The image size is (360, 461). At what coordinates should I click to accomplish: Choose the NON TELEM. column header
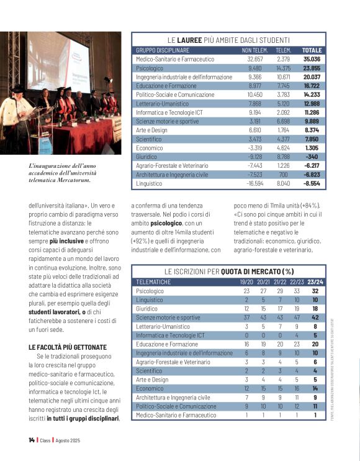tap(254, 50)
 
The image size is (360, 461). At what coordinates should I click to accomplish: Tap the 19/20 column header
tap(246, 281)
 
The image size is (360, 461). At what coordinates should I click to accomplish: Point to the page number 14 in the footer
tap(31, 440)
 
